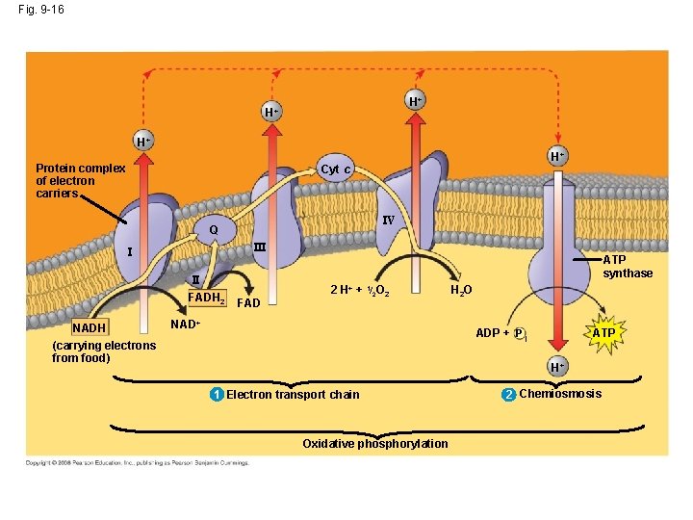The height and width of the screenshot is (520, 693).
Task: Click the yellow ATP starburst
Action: click(x=603, y=333)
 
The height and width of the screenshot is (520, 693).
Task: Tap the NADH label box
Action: click(x=90, y=327)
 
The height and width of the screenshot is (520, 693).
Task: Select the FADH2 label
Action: click(x=206, y=297)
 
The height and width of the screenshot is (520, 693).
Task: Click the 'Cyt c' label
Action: click(x=336, y=169)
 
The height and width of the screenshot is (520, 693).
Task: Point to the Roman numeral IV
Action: click(x=389, y=221)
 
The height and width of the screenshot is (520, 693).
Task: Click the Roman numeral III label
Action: click(x=260, y=247)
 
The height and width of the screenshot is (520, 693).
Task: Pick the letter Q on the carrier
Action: click(x=214, y=231)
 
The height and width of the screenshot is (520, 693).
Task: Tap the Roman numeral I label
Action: click(x=130, y=252)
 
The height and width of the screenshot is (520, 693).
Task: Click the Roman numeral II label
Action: click(x=194, y=280)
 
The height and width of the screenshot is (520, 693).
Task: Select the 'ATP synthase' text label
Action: click(x=628, y=267)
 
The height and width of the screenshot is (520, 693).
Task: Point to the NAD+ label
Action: click(x=185, y=323)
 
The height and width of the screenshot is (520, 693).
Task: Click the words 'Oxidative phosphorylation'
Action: click(x=374, y=444)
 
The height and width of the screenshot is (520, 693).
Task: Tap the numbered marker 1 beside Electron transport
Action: click(x=218, y=394)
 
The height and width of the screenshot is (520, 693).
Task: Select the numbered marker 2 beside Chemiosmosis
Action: click(x=509, y=394)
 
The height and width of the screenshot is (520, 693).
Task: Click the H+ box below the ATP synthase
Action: click(x=558, y=368)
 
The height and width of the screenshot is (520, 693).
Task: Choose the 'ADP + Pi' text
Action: click(x=500, y=333)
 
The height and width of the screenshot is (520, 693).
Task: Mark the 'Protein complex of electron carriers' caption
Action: click(x=80, y=180)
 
